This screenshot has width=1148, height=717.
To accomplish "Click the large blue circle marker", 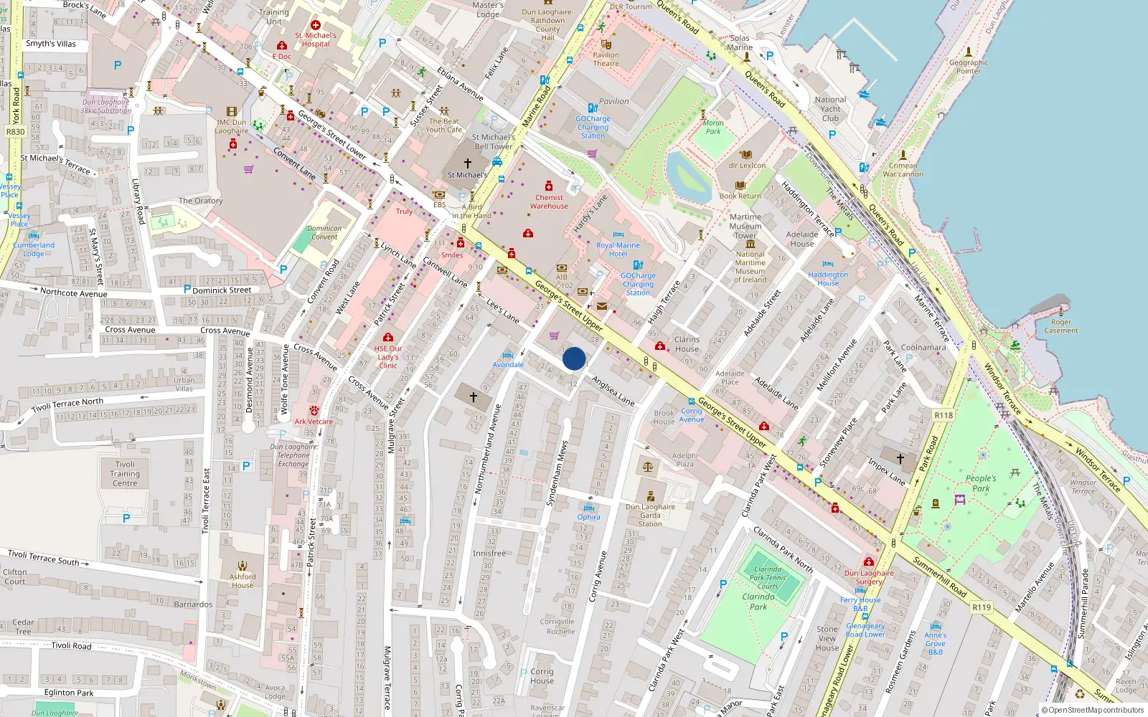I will tap(574, 358).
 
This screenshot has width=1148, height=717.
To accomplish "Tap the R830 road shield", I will tap(15, 132).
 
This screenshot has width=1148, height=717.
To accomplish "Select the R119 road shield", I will tap(981, 607).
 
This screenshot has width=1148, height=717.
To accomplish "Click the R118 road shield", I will tap(944, 416).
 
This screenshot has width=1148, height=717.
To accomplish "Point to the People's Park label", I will tap(980, 483).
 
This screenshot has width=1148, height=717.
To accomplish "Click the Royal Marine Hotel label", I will tap(618, 250).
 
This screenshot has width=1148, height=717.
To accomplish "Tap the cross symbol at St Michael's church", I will tap(468, 163).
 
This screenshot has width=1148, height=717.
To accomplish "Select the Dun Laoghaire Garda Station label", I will tap(650, 515).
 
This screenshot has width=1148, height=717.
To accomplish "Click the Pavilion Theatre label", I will tap(606, 59).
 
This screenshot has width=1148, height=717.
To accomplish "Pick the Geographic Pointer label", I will tap(968, 67).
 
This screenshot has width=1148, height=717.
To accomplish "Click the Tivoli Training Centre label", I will tap(125, 474).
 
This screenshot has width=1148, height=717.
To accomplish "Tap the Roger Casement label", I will tap(1060, 326).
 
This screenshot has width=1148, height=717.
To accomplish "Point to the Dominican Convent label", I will tap(324, 232).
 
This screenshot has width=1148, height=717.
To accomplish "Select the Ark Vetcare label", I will tap(314, 422).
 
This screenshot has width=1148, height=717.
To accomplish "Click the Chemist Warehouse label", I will tap(549, 201).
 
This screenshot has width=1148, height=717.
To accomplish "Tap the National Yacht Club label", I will tap(830, 109).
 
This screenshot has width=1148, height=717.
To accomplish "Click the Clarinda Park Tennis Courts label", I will tap(767, 578).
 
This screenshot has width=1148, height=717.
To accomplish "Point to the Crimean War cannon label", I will tap(903, 169).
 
